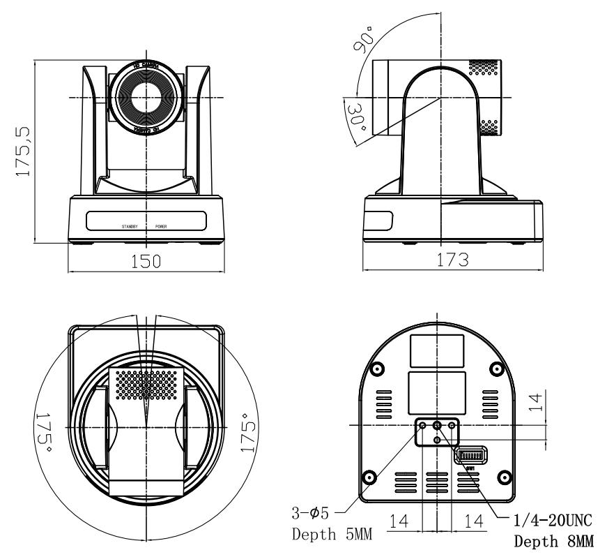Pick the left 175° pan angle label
click(44, 427)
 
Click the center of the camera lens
click(147, 96)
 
